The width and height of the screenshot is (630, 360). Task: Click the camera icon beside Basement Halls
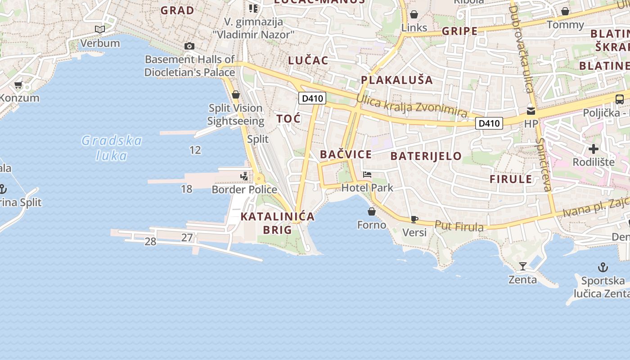point(189,46)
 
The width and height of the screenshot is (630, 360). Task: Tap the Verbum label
point(100,43)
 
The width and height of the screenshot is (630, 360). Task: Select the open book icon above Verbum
point(100,30)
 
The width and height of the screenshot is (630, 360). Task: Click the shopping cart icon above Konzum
point(18,85)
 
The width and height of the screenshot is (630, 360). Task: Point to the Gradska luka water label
point(112,148)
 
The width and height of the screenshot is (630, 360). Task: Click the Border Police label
point(244,189)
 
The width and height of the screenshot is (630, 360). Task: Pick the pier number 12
point(195,150)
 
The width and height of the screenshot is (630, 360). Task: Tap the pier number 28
point(150,242)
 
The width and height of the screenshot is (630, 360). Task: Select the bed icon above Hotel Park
point(367,175)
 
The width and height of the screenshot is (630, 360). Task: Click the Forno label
point(372,225)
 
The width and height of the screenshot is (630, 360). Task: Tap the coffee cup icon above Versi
point(414,220)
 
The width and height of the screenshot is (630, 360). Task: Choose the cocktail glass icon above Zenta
point(522,266)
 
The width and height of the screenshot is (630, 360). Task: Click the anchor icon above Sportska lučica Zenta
point(603,268)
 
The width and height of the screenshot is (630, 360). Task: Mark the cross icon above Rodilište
point(594,148)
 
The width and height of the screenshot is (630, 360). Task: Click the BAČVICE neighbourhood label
point(346,154)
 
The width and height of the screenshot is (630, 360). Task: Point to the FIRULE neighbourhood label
point(511,179)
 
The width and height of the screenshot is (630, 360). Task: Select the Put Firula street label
point(459,226)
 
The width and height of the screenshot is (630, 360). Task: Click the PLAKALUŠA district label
point(396,80)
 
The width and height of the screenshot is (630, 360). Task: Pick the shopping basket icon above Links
point(414,14)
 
